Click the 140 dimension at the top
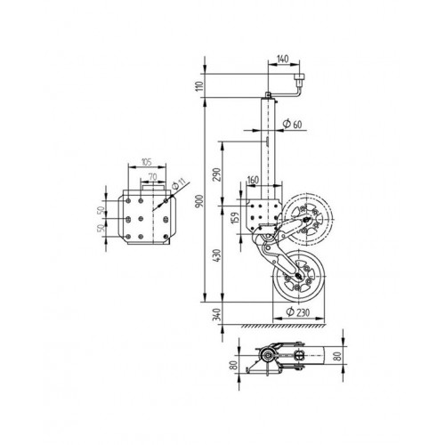283,59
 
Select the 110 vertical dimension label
200,85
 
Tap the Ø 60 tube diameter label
292,124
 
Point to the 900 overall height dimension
200,201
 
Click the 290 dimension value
217,174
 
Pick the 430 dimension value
217,255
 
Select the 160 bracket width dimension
253,180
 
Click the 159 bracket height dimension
235,218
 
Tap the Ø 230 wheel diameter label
297,311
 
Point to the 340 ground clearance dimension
217,314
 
